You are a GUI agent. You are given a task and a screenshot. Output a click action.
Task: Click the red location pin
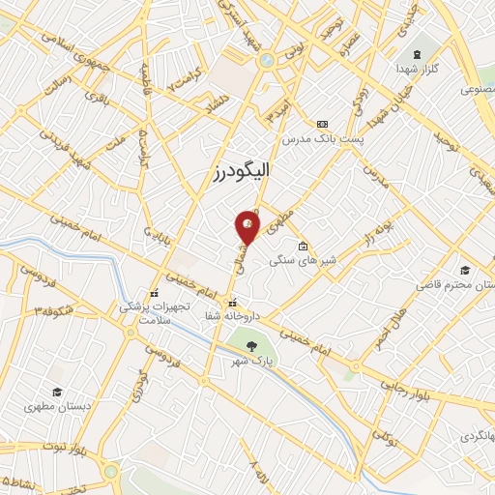coord(248,225)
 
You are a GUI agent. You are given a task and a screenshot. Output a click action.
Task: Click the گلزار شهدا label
coord(416,71)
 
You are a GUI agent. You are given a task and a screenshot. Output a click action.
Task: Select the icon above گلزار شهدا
coord(417,53)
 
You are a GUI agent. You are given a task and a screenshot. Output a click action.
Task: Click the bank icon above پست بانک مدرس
coord(322,124)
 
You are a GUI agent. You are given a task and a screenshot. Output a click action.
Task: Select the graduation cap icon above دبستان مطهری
coord(58,392)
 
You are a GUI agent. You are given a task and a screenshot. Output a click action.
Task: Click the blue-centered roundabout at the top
coord(265,61)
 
